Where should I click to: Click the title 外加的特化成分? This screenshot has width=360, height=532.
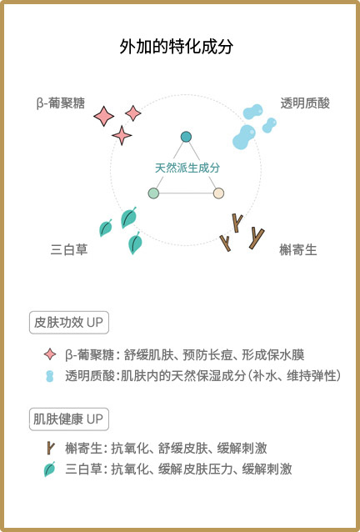pyautogui.click(x=177, y=47)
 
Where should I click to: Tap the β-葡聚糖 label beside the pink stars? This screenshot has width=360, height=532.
pyautogui.click(x=60, y=103)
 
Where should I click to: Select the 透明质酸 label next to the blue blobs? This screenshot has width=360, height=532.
pyautogui.click(x=305, y=103)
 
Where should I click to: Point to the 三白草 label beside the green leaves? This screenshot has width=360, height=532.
pyautogui.click(x=69, y=249)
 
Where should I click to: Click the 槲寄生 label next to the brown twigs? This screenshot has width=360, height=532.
pyautogui.click(x=298, y=249)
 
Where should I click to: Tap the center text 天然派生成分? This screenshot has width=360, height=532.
pyautogui.click(x=187, y=168)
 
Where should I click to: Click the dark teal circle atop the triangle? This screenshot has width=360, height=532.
pyautogui.click(x=186, y=137)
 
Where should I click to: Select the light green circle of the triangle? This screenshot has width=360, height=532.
pyautogui.click(x=153, y=193)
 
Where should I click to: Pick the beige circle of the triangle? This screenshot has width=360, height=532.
pyautogui.click(x=218, y=193)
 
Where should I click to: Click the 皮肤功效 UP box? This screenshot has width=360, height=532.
pyautogui.click(x=69, y=323)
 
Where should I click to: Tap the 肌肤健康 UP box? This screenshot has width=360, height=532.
pyautogui.click(x=69, y=419)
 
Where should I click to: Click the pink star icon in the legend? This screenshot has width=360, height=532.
pyautogui.click(x=50, y=354)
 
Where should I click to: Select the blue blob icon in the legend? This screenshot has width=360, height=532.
pyautogui.click(x=50, y=376)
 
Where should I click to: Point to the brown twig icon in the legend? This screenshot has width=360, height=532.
pyautogui.click(x=51, y=448)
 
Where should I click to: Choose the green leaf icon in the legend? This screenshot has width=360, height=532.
pyautogui.click(x=49, y=469)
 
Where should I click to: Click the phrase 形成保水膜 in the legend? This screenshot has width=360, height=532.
pyautogui.click(x=272, y=355)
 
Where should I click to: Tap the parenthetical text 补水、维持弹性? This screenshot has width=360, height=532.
pyautogui.click(x=292, y=376)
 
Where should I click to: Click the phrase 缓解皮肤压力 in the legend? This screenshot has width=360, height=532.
pyautogui.click(x=196, y=469)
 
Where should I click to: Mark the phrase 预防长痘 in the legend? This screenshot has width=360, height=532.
pyautogui.click(x=207, y=355)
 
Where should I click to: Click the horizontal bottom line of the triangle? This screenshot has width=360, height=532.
pyautogui.click(x=186, y=193)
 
